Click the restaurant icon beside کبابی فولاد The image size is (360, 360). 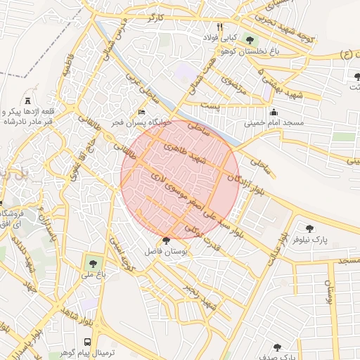click(x=220, y=27)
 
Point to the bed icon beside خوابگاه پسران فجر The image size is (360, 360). click(x=142, y=112)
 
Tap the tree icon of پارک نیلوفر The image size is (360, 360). click(x=309, y=228)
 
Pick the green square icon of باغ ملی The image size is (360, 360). click(x=91, y=265)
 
